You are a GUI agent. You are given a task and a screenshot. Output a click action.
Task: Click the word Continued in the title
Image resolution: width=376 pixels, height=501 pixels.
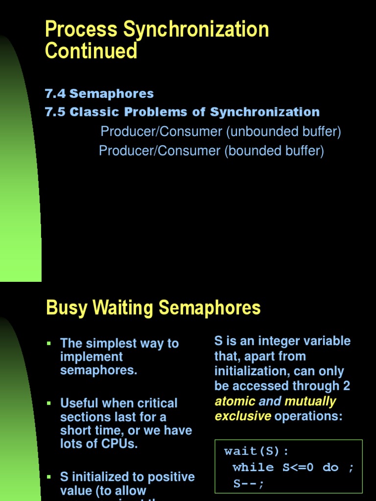pos(91,51)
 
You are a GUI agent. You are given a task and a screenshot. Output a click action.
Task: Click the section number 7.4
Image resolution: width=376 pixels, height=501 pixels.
pos(55,93)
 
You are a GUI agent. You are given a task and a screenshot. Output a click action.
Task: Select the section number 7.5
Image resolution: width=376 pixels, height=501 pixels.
pos(55,112)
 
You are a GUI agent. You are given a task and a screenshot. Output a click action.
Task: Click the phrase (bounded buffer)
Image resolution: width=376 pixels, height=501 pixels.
pos(274,151)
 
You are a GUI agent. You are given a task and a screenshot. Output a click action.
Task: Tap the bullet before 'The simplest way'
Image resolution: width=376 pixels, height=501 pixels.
pos(48,343)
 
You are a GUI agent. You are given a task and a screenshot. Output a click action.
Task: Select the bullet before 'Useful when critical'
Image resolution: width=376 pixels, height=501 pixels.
pos(48,403)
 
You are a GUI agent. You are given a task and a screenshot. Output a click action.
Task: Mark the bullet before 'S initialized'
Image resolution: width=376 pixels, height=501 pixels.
pos(48,477)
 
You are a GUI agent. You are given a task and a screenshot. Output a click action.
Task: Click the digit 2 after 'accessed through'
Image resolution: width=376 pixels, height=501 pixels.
pos(347,386)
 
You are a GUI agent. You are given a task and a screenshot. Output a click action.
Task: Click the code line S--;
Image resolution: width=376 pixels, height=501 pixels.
pos(249,484)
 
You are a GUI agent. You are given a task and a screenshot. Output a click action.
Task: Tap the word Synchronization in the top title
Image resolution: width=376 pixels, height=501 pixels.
pos(196,29)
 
